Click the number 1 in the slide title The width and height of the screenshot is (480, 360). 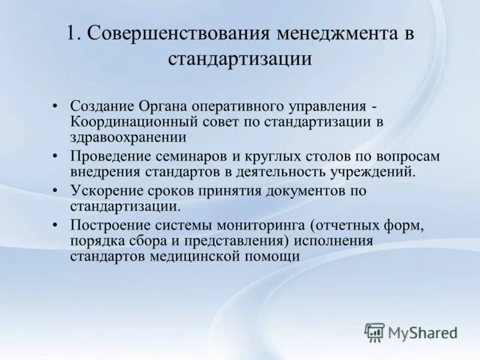point(71,34)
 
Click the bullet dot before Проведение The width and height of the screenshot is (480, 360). point(56,157)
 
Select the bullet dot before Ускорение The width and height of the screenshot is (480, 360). point(56,191)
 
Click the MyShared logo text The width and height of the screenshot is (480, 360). point(423,332)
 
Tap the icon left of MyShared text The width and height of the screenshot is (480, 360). point(374,332)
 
